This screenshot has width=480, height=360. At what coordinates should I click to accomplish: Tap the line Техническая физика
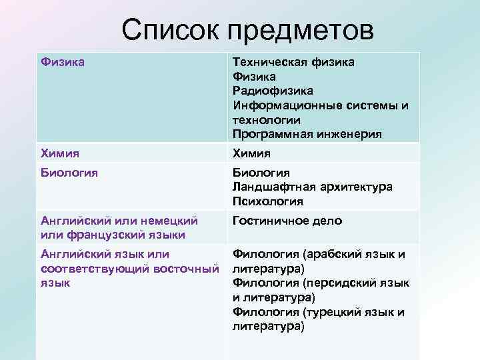pos(293,62)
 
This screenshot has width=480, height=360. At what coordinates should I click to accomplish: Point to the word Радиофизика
pos(273,91)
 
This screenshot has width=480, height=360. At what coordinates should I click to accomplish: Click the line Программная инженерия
pos(307,134)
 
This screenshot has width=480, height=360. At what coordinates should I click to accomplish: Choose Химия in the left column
pos(60,153)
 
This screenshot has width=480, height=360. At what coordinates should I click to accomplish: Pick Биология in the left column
pos(69,173)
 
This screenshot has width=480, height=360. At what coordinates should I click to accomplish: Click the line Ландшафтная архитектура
pos(313,187)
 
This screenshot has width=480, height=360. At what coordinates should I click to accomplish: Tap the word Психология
pos(267,201)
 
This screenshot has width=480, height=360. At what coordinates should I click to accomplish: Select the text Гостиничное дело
pos(287,221)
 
